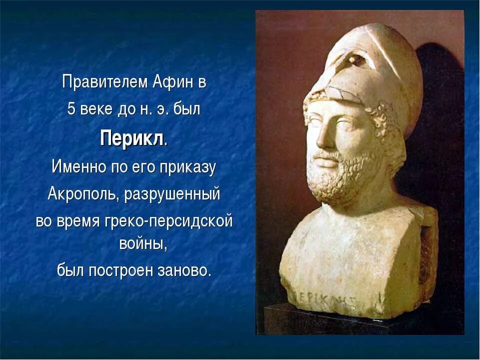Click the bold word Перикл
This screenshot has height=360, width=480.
point(131,138)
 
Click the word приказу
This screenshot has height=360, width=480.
point(187,166)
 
